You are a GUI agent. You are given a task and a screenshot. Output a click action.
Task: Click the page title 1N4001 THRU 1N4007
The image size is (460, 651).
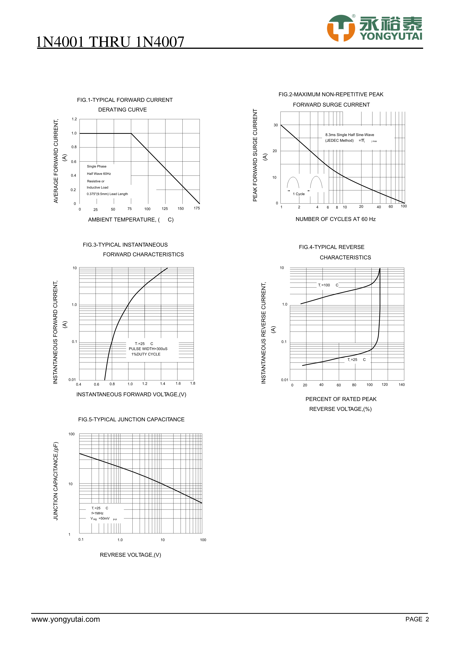click(110, 42)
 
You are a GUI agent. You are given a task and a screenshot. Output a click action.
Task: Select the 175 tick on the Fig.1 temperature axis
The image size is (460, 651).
click(197, 208)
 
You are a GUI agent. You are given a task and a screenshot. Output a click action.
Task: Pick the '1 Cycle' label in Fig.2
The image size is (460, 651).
click(299, 194)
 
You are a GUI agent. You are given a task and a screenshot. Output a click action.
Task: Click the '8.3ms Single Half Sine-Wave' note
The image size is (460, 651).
click(350, 135)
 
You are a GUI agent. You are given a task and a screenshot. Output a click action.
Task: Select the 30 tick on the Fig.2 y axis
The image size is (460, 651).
click(276, 125)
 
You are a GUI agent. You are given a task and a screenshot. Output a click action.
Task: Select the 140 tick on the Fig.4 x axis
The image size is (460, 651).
click(401, 385)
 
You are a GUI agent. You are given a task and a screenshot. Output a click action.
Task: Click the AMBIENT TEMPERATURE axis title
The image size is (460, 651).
click(131, 220)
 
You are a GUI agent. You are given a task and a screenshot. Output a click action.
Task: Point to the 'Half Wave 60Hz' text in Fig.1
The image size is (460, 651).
click(99, 174)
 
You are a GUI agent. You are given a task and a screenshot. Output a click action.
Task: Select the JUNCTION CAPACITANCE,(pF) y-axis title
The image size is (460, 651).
click(56, 481)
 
